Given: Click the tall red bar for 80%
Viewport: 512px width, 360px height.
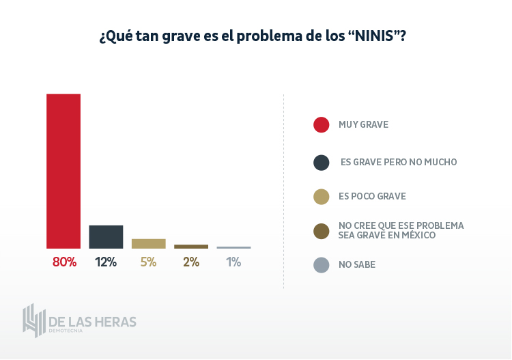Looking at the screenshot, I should click(63, 171).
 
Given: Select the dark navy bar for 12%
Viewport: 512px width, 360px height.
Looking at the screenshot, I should click(106, 236).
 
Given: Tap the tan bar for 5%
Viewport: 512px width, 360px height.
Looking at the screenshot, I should click(149, 243).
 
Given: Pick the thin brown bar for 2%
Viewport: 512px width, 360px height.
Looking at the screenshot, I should click(191, 247).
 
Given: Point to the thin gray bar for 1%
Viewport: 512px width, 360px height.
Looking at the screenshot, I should click(233, 247).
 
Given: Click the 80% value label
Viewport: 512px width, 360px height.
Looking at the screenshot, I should click(64, 262).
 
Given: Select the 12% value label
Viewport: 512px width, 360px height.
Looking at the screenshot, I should click(106, 262).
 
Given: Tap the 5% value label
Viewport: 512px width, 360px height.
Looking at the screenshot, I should click(149, 262).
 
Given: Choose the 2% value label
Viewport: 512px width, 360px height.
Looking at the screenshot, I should click(191, 262).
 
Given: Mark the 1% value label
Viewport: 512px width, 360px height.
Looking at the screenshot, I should click(233, 262).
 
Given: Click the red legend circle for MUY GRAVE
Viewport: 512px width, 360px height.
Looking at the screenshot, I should click(322, 124).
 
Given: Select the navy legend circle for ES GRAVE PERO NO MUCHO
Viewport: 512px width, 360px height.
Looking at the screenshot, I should click(322, 163).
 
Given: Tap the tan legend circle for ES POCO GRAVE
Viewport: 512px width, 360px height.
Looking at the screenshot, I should click(322, 197).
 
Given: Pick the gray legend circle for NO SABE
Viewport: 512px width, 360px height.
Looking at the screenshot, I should click(322, 265).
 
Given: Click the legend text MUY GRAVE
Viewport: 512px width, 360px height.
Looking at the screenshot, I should click(363, 124).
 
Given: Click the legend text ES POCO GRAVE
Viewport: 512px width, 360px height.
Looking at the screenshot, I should click(372, 197).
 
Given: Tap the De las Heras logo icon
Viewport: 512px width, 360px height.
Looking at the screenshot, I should click(33, 320).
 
